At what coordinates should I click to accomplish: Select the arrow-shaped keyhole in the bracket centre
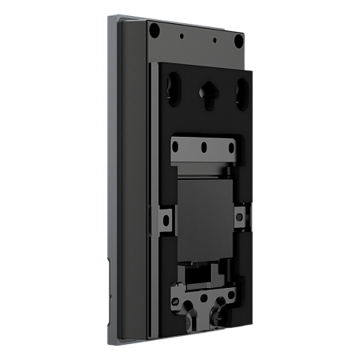pos(206,94)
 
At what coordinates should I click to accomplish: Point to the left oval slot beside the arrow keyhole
pos(175,87)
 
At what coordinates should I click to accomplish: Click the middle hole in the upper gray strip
pos(206,146)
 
